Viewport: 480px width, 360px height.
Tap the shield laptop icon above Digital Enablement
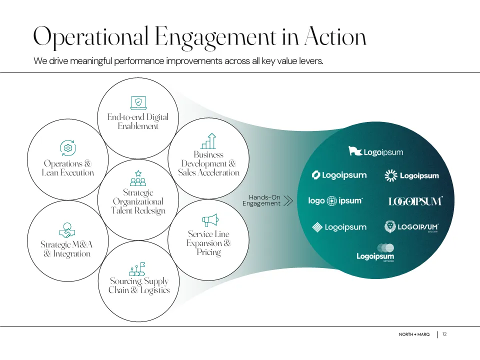138,103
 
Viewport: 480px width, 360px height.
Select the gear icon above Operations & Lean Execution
68,148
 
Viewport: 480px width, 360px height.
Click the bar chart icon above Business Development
208,141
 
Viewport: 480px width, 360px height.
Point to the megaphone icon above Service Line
210,220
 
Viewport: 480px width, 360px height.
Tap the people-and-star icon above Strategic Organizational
137,178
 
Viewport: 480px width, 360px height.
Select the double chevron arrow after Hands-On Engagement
288,201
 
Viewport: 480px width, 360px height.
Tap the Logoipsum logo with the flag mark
375,151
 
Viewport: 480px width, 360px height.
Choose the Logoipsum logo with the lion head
411,227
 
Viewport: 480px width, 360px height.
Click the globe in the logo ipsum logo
331,201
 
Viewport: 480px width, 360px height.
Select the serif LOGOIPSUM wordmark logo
415,201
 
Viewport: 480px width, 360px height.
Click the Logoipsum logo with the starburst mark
411,175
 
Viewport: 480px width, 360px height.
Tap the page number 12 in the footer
444,334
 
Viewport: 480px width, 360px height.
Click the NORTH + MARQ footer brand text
414,334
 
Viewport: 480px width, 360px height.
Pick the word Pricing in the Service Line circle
208,252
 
